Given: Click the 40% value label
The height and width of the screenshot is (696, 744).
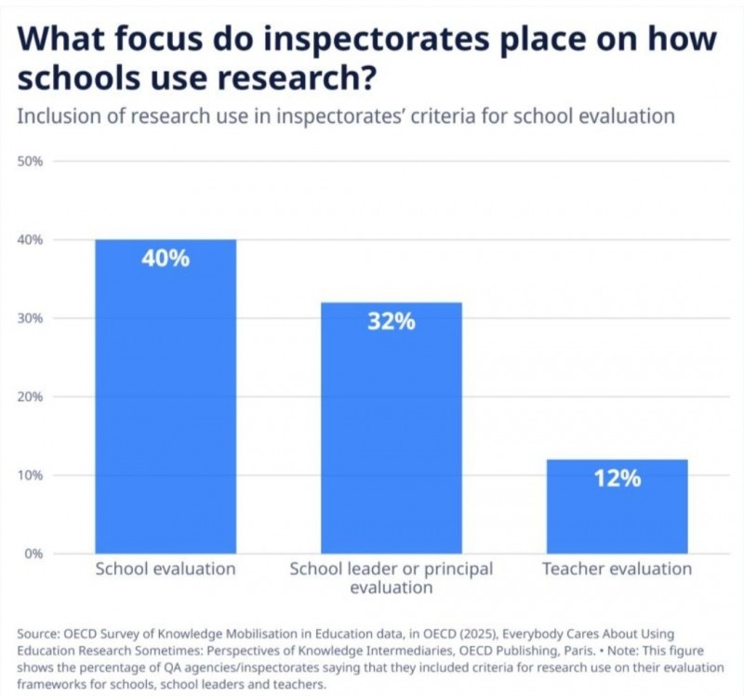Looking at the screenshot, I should point(166,259).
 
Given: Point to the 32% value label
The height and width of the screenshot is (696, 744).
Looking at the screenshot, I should point(391,322).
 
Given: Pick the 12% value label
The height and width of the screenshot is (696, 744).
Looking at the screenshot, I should point(617,478).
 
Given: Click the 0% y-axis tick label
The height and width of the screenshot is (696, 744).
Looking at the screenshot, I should point(33,554).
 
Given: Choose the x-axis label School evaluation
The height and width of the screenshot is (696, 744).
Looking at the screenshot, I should point(166,569).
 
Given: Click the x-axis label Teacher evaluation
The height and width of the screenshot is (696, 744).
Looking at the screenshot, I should point(617,569).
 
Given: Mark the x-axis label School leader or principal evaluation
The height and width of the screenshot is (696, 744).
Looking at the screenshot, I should point(391,578).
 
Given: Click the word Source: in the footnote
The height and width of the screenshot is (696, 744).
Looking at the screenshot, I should point(38,634).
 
